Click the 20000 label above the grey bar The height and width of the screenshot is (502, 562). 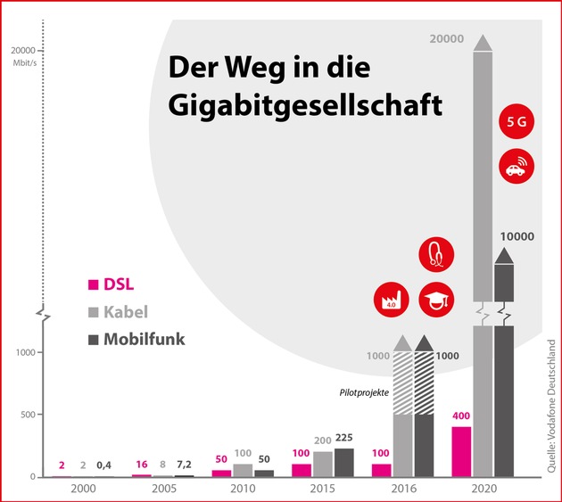(x=447, y=39)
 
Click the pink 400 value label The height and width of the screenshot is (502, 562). (x=460, y=416)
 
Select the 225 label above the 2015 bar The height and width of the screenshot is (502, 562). (x=344, y=438)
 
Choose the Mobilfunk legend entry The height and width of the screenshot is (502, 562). (x=136, y=339)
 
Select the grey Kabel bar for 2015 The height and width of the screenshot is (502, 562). (x=323, y=464)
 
